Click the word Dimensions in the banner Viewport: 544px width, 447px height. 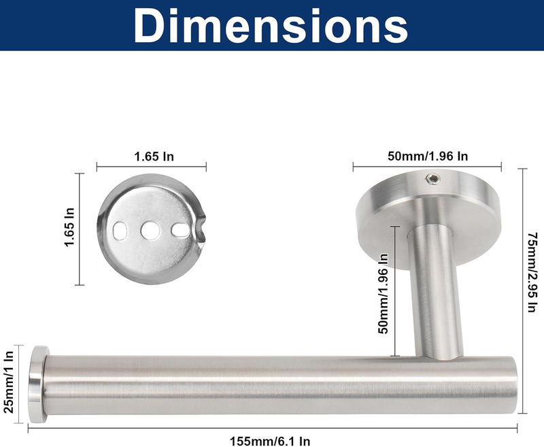point(271,26)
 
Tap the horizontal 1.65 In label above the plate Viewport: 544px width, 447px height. point(154,156)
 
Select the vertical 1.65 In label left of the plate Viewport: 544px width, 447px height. point(70,227)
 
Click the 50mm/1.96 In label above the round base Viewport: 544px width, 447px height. point(428,156)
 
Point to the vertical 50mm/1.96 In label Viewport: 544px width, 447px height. point(383,294)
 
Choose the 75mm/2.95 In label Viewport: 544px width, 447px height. point(533,272)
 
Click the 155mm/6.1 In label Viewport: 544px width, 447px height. point(270,441)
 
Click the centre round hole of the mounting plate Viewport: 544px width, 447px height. point(150,231)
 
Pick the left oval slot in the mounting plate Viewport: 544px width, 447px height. point(120,231)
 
